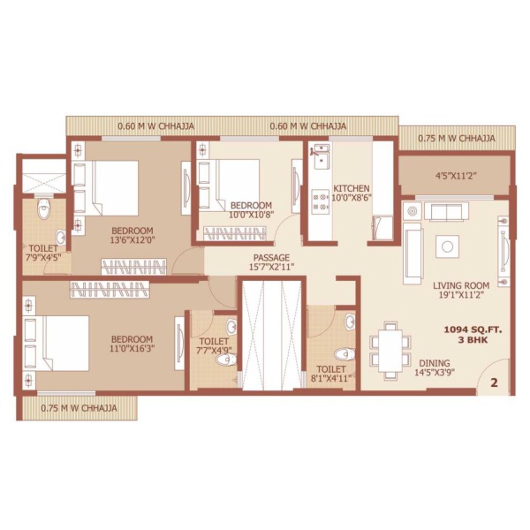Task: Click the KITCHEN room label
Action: click(352, 188)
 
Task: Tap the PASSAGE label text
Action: click(271, 258)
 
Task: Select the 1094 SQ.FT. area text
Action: click(473, 329)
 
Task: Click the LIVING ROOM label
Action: click(461, 285)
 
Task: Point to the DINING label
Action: click(435, 363)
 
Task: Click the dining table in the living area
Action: click(390, 351)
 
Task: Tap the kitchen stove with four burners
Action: click(320, 201)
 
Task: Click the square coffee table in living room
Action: click(447, 246)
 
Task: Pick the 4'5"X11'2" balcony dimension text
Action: click(457, 176)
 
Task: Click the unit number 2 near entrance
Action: click(494, 383)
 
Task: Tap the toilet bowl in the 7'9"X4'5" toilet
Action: click(43, 209)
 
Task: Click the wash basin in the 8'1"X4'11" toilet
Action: click(350, 322)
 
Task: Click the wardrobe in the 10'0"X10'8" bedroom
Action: click(235, 233)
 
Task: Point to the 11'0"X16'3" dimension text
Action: click(132, 348)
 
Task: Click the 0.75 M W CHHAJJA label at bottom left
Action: click(79, 408)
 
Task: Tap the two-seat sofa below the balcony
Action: click(446, 212)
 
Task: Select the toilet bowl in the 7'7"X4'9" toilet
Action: click(226, 360)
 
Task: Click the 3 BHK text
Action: click(473, 340)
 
